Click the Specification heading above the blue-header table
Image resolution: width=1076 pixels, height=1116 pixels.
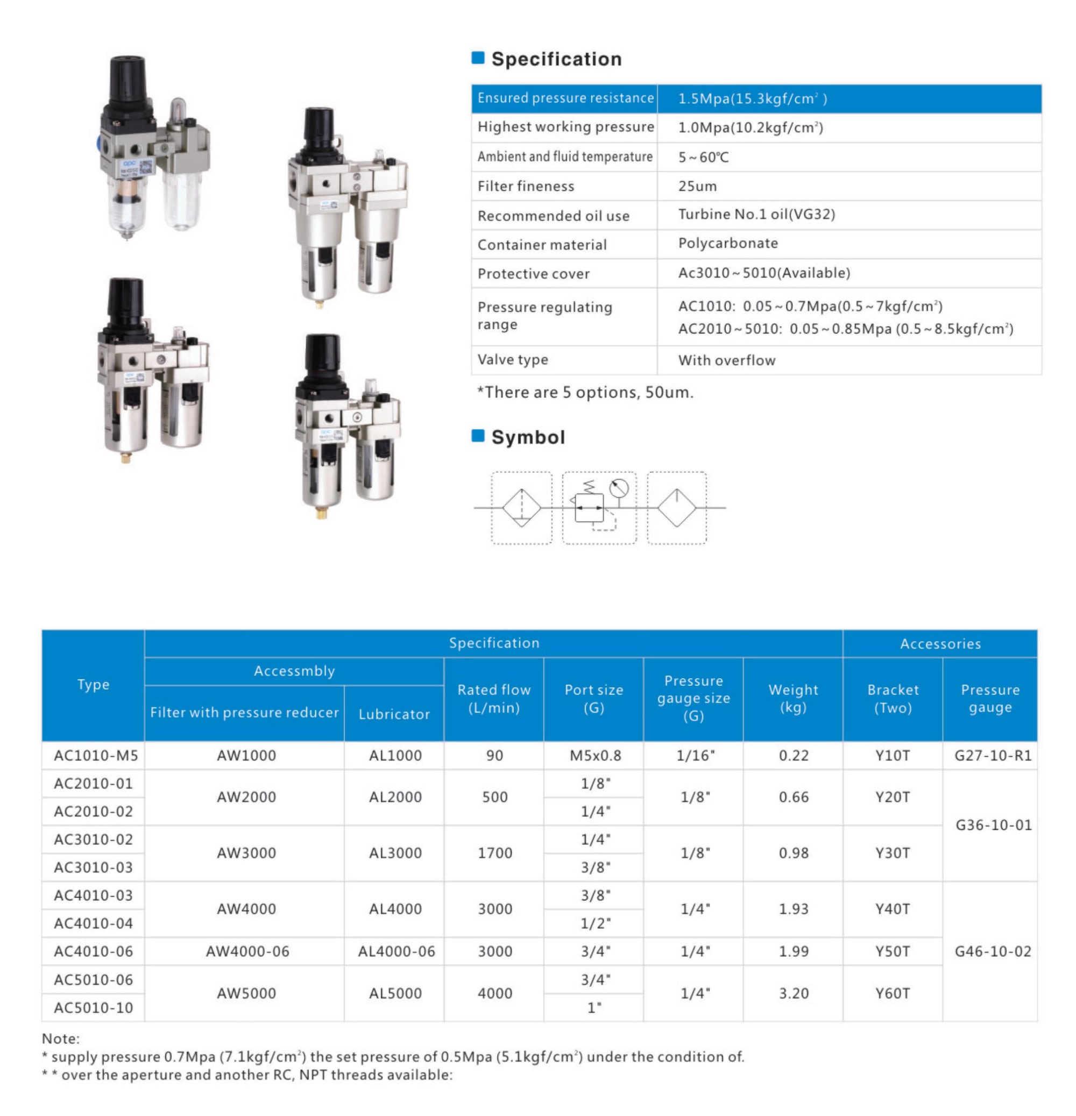pyautogui.click(x=555, y=59)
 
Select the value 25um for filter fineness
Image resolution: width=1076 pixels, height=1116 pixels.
pyautogui.click(x=697, y=186)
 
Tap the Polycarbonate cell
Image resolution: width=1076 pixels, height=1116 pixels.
pyautogui.click(x=727, y=243)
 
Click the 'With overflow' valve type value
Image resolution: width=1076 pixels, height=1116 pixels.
pyautogui.click(x=726, y=360)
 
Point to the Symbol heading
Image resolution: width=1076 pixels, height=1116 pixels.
pyautogui.click(x=527, y=437)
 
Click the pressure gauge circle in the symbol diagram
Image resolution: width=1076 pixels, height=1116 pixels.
pyautogui.click(x=618, y=488)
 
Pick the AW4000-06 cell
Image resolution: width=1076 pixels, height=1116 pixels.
pyautogui.click(x=247, y=951)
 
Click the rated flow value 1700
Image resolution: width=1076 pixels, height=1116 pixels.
pyautogui.click(x=494, y=853)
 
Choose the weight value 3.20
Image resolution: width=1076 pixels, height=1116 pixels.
pyautogui.click(x=794, y=993)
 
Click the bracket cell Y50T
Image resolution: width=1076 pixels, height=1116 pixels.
pyautogui.click(x=892, y=951)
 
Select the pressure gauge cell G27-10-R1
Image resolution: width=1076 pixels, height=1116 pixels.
pyautogui.click(x=992, y=756)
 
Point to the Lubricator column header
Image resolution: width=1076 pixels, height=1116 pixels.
pyautogui.click(x=394, y=714)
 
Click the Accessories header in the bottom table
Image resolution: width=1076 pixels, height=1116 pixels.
pyautogui.click(x=940, y=644)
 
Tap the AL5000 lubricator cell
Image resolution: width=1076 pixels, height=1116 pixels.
pyautogui.click(x=395, y=993)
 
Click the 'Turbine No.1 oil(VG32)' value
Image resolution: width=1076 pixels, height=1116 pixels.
pyautogui.click(x=756, y=215)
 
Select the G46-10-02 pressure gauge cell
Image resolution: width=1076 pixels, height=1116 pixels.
pyautogui.click(x=992, y=951)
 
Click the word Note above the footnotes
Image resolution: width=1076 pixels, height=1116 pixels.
pyautogui.click(x=60, y=1039)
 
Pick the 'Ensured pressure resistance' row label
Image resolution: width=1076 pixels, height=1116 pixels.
pyautogui.click(x=565, y=98)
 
